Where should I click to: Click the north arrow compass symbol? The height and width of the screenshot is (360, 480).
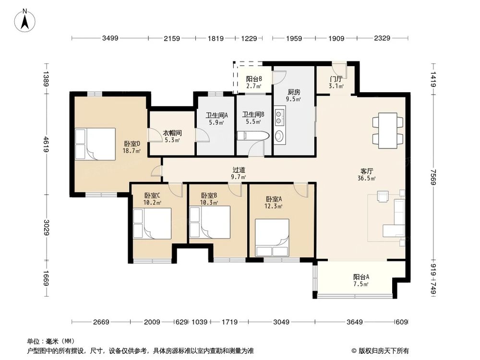25,21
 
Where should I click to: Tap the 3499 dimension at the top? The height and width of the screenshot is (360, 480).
110,38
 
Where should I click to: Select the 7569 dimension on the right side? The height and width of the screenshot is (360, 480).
433,177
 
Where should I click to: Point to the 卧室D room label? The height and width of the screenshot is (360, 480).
132,144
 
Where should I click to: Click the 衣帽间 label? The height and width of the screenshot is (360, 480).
172,133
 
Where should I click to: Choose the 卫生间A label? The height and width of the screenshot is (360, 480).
217,115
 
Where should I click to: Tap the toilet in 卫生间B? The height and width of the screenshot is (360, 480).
253,136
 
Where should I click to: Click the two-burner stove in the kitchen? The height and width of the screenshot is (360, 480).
279,117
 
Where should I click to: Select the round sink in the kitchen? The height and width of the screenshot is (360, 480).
279,136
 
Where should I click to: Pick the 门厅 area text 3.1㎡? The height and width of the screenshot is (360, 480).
336,86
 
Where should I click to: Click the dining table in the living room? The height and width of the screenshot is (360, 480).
387,131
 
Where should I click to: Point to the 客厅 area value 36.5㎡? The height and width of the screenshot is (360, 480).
366,178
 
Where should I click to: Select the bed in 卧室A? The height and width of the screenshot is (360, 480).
272,238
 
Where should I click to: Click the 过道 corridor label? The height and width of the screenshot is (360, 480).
239,169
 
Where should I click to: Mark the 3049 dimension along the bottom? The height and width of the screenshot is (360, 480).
281,322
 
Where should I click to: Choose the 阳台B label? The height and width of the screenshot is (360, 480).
254,79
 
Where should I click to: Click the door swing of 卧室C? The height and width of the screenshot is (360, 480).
175,190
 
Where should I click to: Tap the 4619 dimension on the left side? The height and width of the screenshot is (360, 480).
46,144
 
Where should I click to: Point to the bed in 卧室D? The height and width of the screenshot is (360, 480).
95,144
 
